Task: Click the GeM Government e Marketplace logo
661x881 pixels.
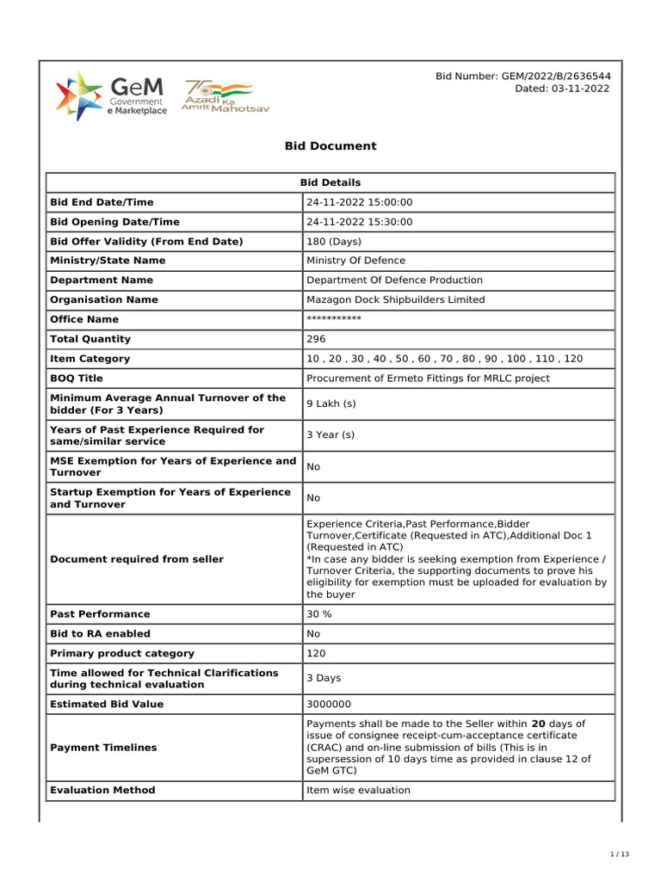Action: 111,95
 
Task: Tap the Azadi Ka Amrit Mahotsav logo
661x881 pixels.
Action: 218,95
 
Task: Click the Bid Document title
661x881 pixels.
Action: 330,146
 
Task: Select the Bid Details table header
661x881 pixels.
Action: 330,182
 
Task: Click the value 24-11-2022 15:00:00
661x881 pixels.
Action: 360,202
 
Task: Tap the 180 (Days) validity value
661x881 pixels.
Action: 334,242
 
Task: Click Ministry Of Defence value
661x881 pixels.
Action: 355,261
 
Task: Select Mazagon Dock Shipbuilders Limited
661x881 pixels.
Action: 396,300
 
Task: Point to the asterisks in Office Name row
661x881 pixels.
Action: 334,319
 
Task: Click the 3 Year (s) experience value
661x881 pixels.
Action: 330,434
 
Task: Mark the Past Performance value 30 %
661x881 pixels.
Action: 319,614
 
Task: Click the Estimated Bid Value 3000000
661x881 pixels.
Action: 328,705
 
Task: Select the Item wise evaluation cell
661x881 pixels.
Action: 358,790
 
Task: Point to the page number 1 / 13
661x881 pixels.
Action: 620,854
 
